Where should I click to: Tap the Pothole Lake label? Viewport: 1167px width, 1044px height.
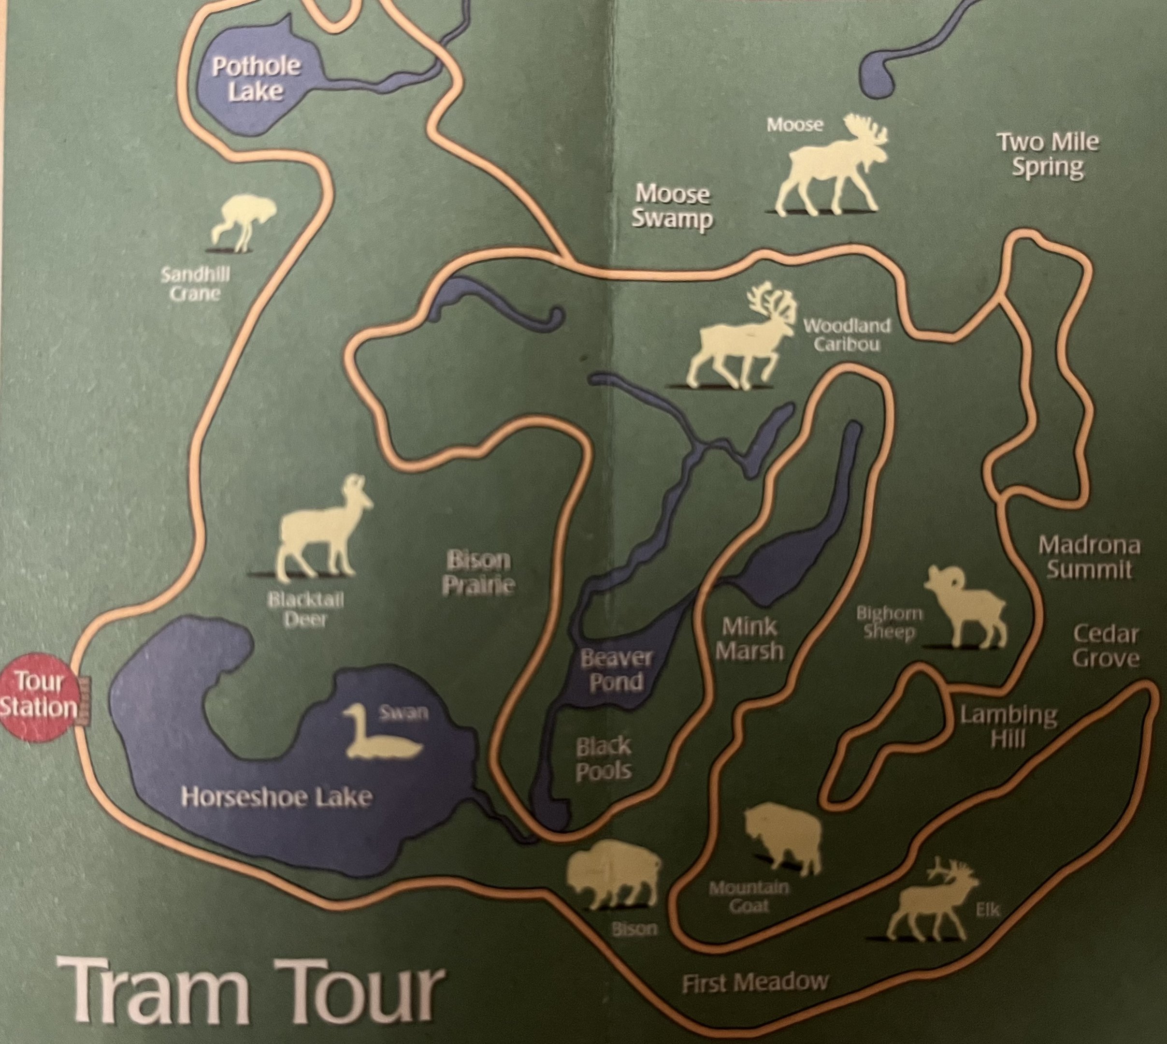pyautogui.click(x=255, y=79)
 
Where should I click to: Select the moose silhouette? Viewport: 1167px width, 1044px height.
pyautogui.click(x=832, y=166)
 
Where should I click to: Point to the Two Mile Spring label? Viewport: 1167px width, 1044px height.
pyautogui.click(x=1048, y=154)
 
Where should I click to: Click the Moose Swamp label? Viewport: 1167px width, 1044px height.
pyautogui.click(x=672, y=206)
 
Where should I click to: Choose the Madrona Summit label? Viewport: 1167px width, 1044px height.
pyautogui.click(x=1088, y=557)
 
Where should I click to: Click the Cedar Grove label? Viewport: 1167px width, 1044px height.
pyautogui.click(x=1105, y=646)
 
